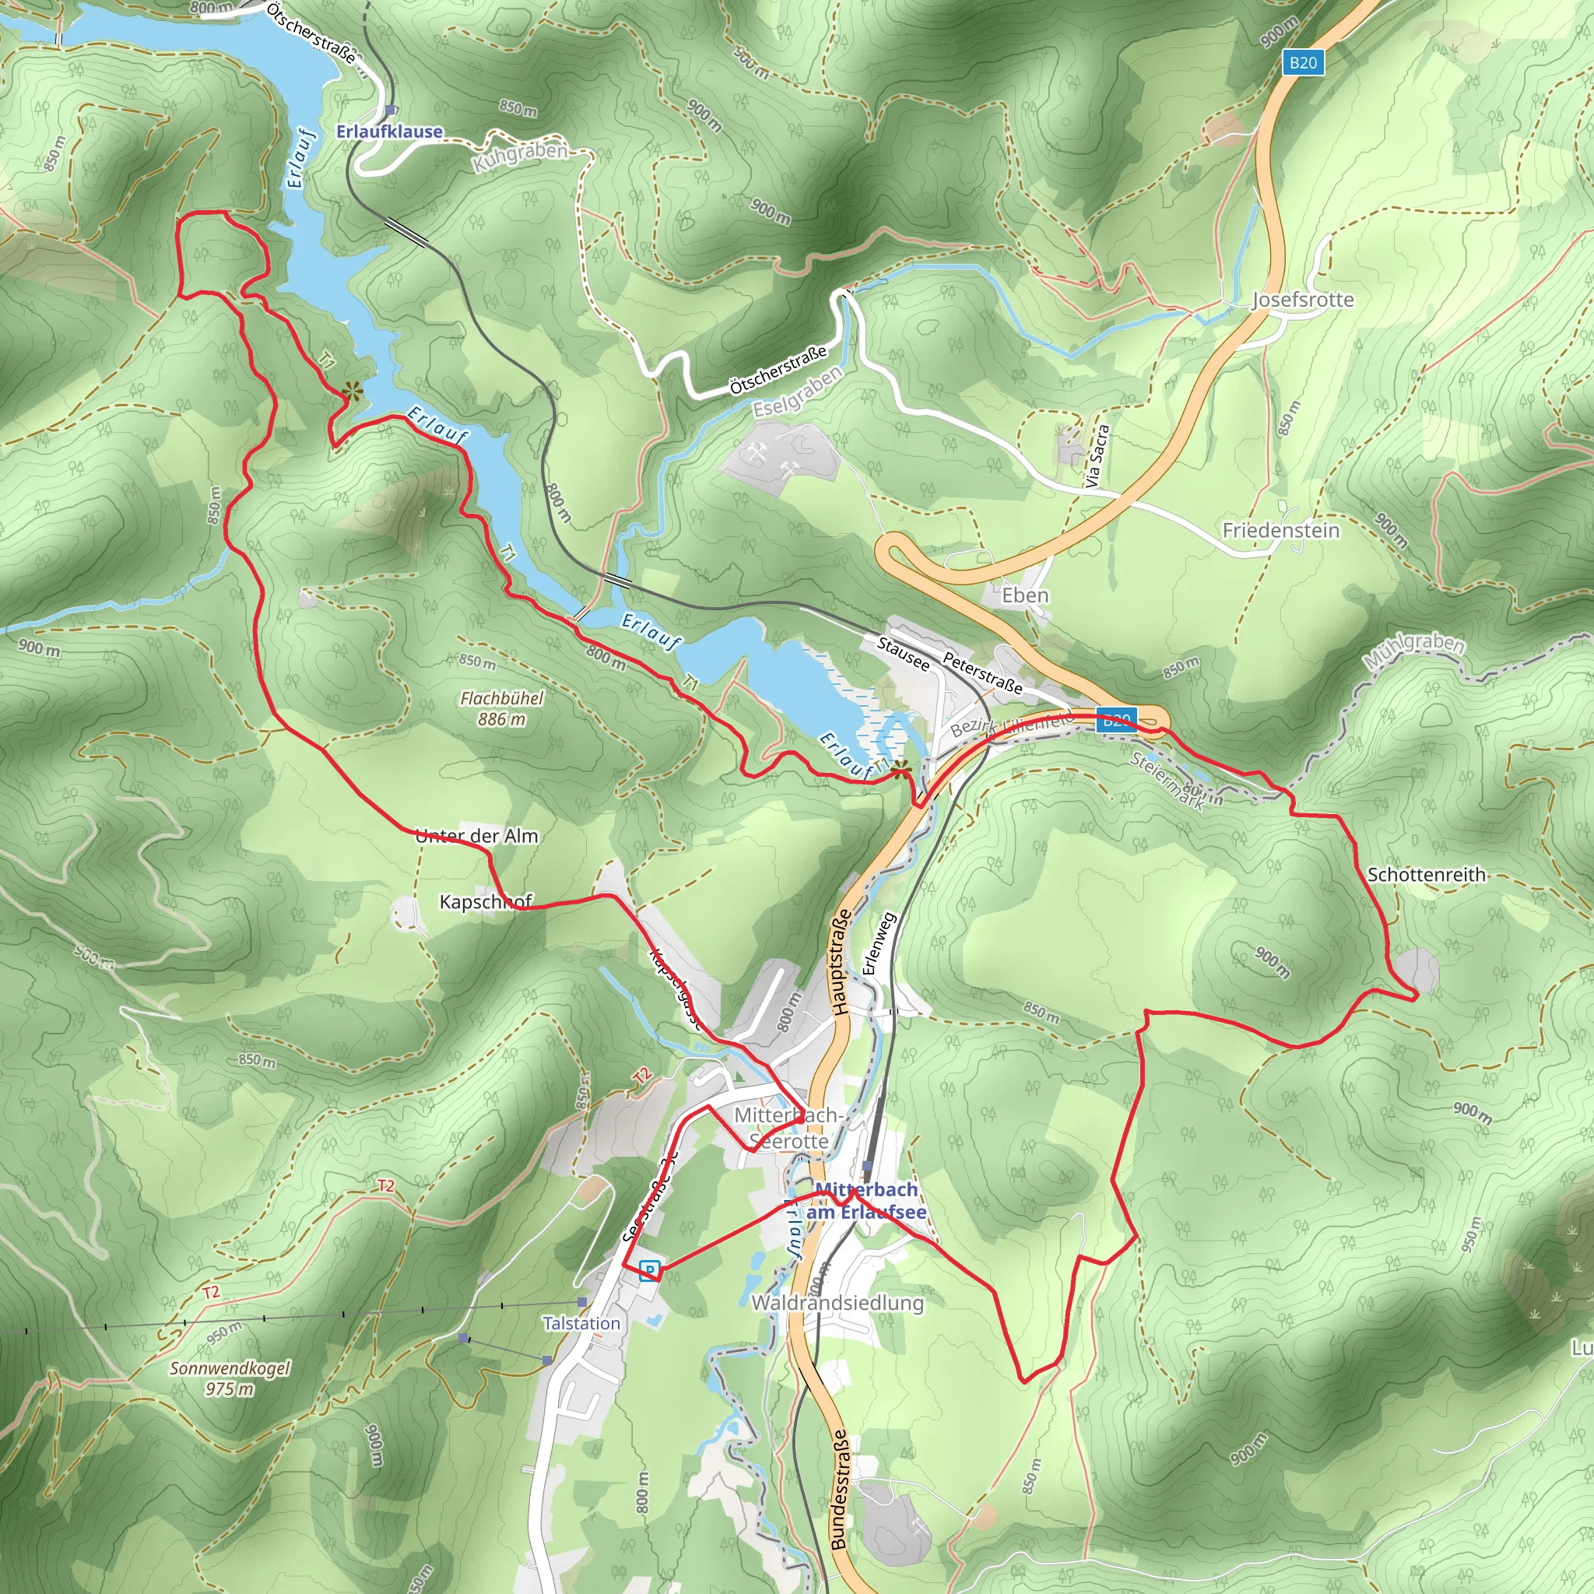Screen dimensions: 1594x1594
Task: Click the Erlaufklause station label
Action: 389,132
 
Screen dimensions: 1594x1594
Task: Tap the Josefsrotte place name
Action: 1303,300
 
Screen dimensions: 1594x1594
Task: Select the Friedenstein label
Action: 1280,530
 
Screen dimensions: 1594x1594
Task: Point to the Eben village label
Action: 1025,595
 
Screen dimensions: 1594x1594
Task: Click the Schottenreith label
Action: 1427,874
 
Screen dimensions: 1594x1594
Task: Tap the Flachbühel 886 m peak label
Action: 502,708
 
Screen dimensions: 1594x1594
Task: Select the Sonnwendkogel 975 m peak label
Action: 230,1378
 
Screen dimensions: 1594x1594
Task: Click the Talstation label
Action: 581,1322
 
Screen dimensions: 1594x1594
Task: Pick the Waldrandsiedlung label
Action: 837,1302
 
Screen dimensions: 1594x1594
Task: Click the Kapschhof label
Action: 485,901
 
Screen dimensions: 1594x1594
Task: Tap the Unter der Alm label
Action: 477,836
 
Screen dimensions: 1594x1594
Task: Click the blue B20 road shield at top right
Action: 1303,62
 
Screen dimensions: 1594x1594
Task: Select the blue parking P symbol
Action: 650,1269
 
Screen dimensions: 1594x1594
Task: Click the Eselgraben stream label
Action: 797,391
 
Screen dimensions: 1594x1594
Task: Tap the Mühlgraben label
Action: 1413,651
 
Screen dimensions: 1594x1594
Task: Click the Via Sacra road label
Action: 1097,455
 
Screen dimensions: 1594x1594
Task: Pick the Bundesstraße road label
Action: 838,1489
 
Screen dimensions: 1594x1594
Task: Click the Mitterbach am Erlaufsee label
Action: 866,1200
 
